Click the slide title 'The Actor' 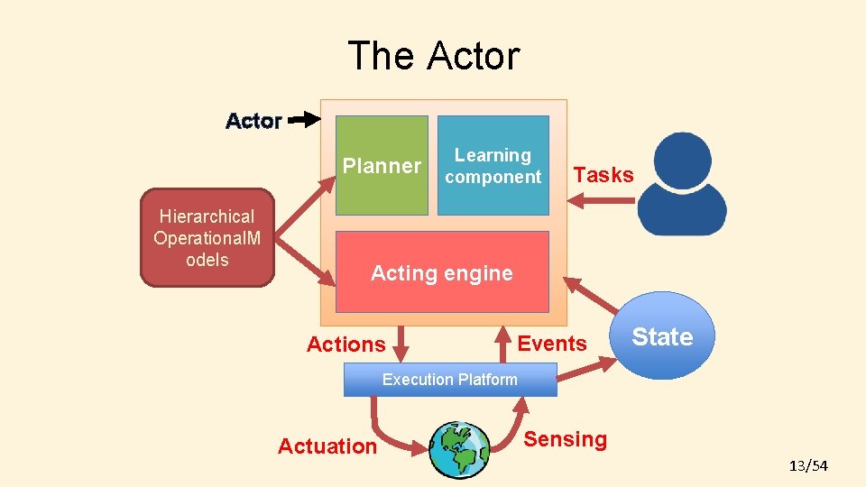click(433, 56)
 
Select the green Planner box click(382, 165)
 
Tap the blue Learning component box click(493, 166)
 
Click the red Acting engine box click(442, 272)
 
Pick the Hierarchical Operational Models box click(207, 237)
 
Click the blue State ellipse click(662, 336)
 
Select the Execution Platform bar click(450, 380)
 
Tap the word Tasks click(603, 175)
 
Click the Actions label click(345, 344)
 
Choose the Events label click(552, 343)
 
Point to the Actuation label click(327, 446)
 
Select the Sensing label click(566, 439)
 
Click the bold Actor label click(253, 121)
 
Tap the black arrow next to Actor click(304, 119)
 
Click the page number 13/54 click(808, 465)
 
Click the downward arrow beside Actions click(401, 344)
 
